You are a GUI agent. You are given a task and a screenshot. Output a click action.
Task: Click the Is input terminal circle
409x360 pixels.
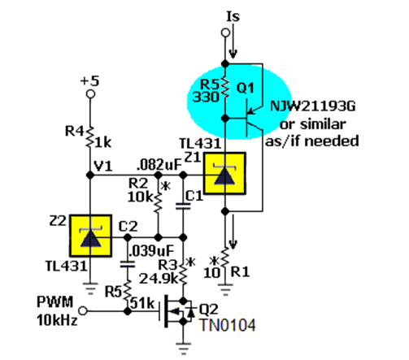225,33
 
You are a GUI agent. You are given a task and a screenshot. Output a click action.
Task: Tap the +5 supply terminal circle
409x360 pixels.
90,94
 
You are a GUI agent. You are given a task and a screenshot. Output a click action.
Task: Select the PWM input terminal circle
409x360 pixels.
83,310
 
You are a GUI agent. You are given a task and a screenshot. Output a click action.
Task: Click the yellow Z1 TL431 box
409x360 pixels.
224,173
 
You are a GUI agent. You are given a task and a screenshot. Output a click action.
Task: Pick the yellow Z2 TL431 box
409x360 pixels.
91,236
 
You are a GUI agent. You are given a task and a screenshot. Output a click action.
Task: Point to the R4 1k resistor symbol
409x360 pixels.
90,137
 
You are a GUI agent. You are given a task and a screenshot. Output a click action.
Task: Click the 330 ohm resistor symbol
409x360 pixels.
225,87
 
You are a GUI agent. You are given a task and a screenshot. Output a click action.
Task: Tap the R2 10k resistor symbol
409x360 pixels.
159,201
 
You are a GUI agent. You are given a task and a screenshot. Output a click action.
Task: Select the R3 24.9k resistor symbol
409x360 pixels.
184,274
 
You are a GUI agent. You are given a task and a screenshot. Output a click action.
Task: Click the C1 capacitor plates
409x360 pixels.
183,206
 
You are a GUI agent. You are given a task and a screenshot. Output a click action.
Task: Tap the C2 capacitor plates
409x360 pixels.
128,264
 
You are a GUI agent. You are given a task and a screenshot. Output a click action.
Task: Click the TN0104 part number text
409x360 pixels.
228,325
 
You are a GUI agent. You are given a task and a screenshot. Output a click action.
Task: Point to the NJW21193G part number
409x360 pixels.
312,106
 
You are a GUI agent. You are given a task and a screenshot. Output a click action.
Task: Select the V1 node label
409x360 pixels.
103,166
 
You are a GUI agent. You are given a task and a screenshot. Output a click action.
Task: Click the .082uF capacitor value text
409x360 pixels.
159,165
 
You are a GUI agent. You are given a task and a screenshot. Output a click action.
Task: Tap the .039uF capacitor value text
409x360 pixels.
151,251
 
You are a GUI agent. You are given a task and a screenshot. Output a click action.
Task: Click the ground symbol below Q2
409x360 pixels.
184,349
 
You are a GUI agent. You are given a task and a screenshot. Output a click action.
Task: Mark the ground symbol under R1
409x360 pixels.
225,288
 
